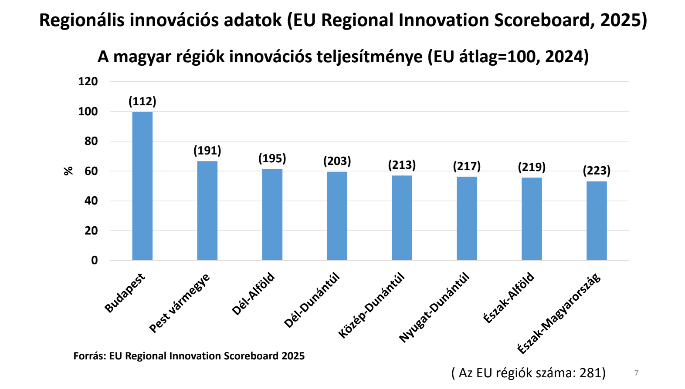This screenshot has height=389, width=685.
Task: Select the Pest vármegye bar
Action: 207,211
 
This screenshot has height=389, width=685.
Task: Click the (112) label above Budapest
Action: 142,101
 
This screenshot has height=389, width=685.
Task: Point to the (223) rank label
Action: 596,171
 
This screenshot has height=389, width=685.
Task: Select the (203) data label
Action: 337,161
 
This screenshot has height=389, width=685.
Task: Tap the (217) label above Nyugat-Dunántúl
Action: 467,166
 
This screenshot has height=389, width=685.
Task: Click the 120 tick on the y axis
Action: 88,81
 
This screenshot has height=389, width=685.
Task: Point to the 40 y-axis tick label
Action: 91,201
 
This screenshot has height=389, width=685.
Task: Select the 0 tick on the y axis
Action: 94,260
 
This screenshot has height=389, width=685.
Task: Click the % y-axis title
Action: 68,171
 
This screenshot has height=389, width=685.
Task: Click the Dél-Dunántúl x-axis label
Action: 312,300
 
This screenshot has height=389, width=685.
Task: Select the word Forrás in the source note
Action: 89,356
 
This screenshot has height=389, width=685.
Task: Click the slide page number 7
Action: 636,373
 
